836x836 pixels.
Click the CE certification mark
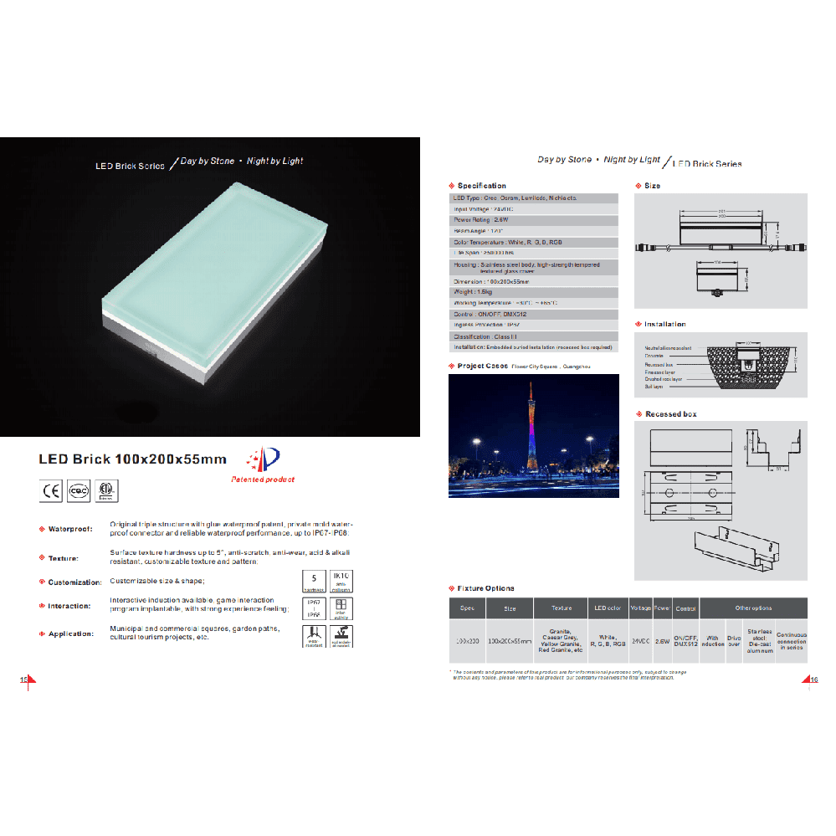tap(51, 490)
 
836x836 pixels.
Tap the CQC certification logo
tap(79, 490)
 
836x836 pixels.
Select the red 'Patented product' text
tap(262, 480)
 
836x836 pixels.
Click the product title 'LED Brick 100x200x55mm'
tap(132, 459)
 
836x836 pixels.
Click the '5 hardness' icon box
tap(313, 582)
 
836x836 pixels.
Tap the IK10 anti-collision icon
tap(341, 582)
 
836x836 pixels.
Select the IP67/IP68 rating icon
tap(313, 608)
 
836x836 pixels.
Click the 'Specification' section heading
tap(481, 186)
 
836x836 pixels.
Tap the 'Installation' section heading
tap(664, 324)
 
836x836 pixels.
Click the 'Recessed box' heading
tap(670, 414)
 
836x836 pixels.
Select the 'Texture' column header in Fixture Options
tap(561, 608)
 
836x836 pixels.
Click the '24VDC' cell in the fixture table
tap(640, 641)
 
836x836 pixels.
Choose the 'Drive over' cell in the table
tap(734, 641)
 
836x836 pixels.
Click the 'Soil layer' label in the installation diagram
tap(654, 387)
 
